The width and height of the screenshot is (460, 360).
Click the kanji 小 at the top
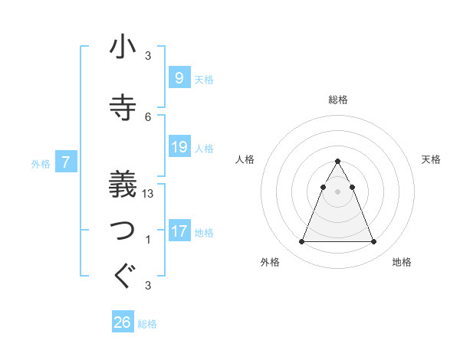tap(123, 47)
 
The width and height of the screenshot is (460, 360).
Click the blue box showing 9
tap(179, 77)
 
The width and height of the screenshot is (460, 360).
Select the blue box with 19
tap(179, 146)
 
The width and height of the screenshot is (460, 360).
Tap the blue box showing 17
tap(179, 231)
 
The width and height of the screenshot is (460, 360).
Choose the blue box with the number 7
tap(67, 162)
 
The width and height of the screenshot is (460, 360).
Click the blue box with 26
tap(123, 322)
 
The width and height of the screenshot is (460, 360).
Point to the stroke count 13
tap(148, 194)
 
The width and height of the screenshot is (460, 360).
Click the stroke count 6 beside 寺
tap(148, 117)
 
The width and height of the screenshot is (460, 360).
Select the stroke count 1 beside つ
tap(148, 240)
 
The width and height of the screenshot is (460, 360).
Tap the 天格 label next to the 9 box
tap(204, 79)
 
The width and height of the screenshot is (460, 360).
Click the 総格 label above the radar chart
tap(337, 100)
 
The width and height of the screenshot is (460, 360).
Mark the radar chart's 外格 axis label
tap(270, 263)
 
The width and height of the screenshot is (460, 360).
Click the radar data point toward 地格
tap(373, 242)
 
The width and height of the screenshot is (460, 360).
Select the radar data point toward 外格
tap(301, 242)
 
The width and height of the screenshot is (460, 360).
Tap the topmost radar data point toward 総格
tap(337, 162)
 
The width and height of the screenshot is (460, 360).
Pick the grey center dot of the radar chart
tap(337, 191)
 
